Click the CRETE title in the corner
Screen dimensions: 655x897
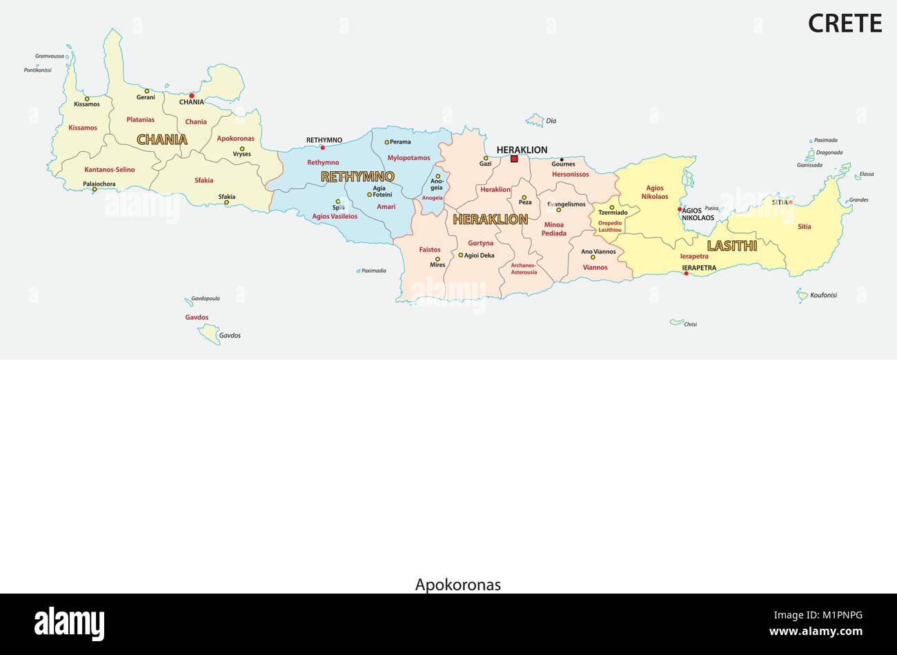(845, 23)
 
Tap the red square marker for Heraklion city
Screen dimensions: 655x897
(514, 159)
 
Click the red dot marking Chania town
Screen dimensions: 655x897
(192, 96)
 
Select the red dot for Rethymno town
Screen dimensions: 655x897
(322, 147)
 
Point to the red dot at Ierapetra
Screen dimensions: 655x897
(686, 274)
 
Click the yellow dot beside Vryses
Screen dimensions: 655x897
(241, 148)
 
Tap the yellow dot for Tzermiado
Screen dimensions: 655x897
(611, 207)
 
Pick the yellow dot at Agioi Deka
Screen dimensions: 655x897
(461, 255)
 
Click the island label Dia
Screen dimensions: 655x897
(551, 121)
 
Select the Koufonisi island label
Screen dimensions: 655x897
(823, 295)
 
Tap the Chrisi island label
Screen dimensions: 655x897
(690, 324)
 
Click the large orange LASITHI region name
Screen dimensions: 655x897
(732, 246)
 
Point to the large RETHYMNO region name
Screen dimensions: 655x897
(357, 177)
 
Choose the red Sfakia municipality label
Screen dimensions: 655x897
(204, 181)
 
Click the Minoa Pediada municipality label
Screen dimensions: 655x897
(555, 229)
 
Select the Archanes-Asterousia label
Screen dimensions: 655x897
(524, 268)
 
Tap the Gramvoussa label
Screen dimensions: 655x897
(50, 56)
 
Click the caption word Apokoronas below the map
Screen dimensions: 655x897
(458, 585)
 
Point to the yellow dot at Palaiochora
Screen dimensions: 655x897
(95, 189)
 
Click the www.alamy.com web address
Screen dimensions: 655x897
(816, 631)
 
